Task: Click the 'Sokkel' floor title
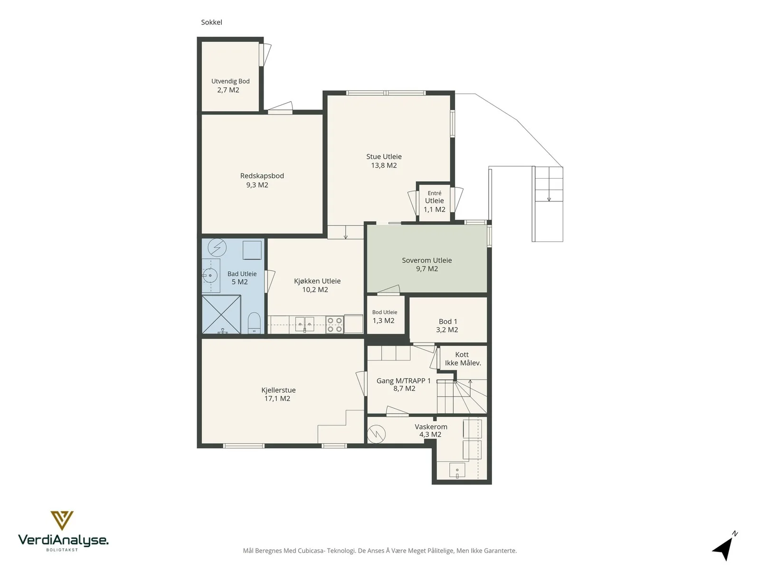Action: (211, 22)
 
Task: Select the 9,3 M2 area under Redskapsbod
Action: (257, 185)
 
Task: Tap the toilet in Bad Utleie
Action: (254, 323)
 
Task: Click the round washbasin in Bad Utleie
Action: (210, 275)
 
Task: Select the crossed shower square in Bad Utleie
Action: (221, 314)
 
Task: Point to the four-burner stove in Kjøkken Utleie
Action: (334, 325)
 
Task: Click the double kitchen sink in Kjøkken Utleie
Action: (304, 324)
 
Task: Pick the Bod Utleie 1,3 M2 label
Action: (384, 317)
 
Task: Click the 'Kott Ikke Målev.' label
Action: (463, 359)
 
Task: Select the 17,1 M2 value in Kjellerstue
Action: (277, 399)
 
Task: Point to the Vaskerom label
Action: (431, 427)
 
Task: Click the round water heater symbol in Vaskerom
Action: (376, 434)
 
